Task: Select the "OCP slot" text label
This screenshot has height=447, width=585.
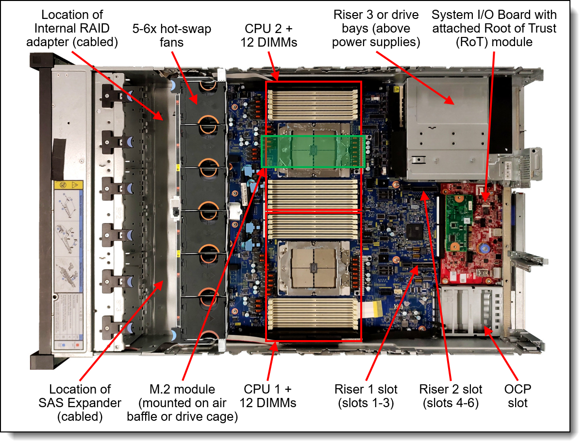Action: click(x=518, y=396)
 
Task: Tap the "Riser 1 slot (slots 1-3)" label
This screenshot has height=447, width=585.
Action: click(x=366, y=396)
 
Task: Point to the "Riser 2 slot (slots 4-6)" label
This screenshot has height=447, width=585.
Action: click(x=451, y=396)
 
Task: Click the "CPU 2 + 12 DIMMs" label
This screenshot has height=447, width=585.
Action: click(x=268, y=35)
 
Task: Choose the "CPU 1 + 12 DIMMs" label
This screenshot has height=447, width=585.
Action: click(x=268, y=396)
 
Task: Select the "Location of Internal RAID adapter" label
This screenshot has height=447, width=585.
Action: click(x=80, y=28)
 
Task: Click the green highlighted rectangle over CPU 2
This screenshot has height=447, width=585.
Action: click(x=314, y=152)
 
